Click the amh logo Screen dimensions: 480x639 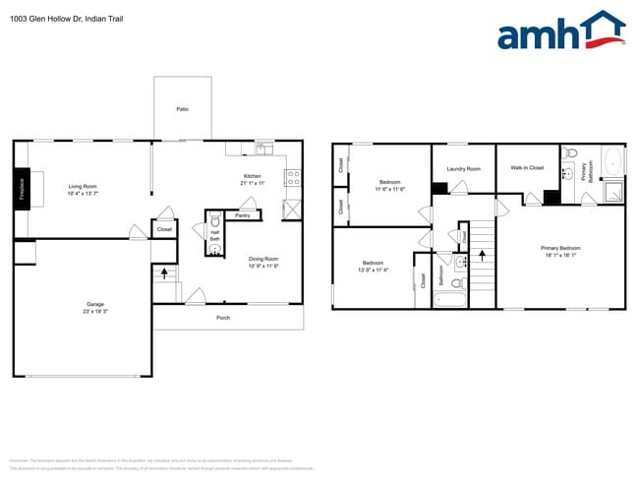click(x=559, y=31)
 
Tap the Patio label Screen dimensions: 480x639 click(x=182, y=109)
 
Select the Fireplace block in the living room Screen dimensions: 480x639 click(x=21, y=188)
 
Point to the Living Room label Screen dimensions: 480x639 click(x=83, y=186)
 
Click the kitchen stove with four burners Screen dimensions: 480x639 click(x=292, y=178)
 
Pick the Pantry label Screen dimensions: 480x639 click(x=243, y=214)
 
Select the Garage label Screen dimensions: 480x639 click(x=95, y=304)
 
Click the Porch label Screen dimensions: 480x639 click(x=224, y=318)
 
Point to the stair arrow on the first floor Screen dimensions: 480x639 click(x=164, y=272)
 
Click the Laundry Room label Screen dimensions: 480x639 click(x=463, y=169)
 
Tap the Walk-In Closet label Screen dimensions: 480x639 click(x=527, y=168)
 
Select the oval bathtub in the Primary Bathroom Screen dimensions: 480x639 click(x=611, y=159)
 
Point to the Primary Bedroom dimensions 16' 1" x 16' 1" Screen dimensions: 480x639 click(x=560, y=254)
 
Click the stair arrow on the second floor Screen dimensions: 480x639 click(x=482, y=253)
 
